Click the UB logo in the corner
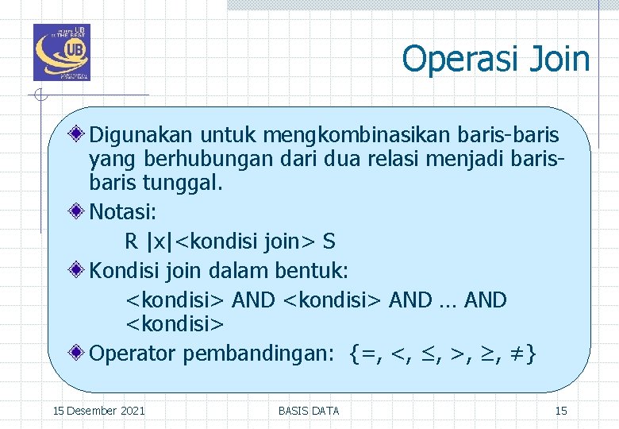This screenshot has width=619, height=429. [x=61, y=52]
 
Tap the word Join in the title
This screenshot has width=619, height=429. [x=562, y=59]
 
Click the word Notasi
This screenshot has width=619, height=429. [x=123, y=212]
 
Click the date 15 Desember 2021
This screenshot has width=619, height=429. [x=98, y=411]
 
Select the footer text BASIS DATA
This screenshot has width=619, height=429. [x=309, y=411]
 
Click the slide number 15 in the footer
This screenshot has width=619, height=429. [x=561, y=411]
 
